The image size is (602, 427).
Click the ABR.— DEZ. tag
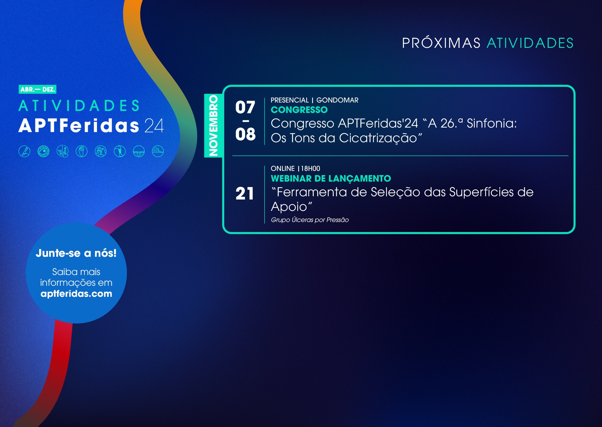pyautogui.click(x=37, y=90)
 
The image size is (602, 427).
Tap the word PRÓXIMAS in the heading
pyautogui.click(x=441, y=43)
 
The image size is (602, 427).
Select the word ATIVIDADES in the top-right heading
pyautogui.click(x=530, y=43)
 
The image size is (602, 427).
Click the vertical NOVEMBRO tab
pyautogui.click(x=213, y=126)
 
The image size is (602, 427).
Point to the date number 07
pyautogui.click(x=245, y=107)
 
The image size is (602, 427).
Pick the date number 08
pyautogui.click(x=245, y=134)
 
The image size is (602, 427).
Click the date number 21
pyautogui.click(x=245, y=194)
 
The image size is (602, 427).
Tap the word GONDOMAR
pyautogui.click(x=337, y=100)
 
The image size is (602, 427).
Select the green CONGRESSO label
pyautogui.click(x=299, y=110)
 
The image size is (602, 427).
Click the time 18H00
pyautogui.click(x=310, y=169)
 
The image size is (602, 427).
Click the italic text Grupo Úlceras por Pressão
pyautogui.click(x=310, y=220)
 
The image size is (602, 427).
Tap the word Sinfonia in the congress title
pyautogui.click(x=492, y=124)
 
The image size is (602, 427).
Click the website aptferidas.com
pyautogui.click(x=76, y=294)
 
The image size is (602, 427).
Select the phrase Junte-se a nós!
pyautogui.click(x=76, y=253)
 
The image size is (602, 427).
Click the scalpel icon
pyautogui.click(x=24, y=151)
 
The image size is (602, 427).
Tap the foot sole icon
pyautogui.click(x=82, y=151)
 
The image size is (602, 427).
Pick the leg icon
pyautogui.click(x=120, y=151)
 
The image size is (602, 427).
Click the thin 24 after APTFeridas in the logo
pyautogui.click(x=154, y=126)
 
